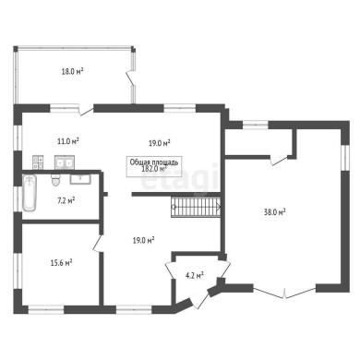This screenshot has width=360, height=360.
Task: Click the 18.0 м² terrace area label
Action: tap(73, 72)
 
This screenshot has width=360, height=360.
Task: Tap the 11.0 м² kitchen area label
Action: tap(68, 141)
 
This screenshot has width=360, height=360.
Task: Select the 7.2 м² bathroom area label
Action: tap(66, 201)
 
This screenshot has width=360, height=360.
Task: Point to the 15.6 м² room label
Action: tap(61, 263)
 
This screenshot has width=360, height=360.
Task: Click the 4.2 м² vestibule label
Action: tap(195, 275)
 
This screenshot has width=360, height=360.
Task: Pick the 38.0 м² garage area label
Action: tap(274, 212)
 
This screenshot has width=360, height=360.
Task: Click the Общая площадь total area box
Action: tap(154, 166)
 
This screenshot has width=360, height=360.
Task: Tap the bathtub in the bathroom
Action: tap(30, 193)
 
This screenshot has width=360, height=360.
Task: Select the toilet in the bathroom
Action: tap(55, 180)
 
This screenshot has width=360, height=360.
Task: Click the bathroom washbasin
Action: tap(80, 179)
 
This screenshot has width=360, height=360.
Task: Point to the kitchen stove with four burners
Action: tap(38, 162)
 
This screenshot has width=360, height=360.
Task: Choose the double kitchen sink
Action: tap(65, 162)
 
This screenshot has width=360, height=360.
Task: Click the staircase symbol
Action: tap(196, 207)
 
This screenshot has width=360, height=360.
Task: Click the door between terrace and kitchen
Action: tap(86, 111)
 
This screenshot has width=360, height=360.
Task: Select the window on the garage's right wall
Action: tap(345, 158)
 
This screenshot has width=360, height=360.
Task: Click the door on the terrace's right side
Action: tap(131, 78)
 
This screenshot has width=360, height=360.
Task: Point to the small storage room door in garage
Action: tap(279, 161)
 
